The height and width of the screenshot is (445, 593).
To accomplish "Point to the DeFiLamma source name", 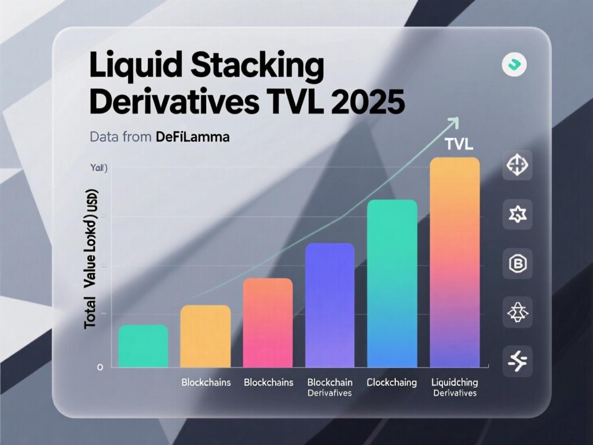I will pos(193,138).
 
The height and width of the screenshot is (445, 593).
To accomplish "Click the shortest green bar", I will pos(143,346).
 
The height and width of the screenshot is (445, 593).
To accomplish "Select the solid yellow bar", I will pos(206,336).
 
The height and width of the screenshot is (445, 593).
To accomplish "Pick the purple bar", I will pos(330,305).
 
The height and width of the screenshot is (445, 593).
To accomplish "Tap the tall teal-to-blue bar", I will pos(392,283).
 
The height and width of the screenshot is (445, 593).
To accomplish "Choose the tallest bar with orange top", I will pos(455,262).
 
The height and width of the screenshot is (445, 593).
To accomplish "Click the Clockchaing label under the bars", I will pos(391,383).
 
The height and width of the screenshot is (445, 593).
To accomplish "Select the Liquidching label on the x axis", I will pos(455,383).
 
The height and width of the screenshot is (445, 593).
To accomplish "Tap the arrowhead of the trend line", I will pos(453,122).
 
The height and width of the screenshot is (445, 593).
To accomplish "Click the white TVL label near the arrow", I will pos(459,144).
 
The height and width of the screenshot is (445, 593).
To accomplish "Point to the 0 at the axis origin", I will pos(100,367).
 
